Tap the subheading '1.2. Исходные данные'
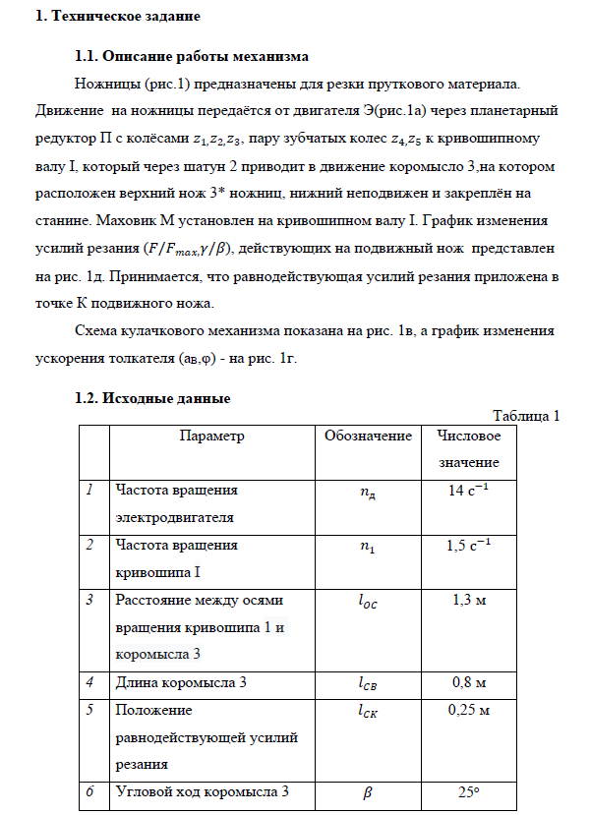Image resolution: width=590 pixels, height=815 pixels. (x=152, y=398)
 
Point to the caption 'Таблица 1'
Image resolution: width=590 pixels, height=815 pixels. (x=525, y=415)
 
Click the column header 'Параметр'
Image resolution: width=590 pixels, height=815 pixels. (x=211, y=435)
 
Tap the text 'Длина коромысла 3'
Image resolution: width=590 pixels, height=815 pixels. (x=176, y=681)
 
